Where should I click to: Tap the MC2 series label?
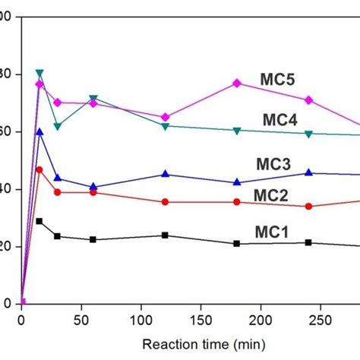270,195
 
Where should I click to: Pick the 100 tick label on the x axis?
141,319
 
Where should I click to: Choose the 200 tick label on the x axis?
261,319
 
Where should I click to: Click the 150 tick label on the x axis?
201,319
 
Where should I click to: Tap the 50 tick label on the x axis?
81,319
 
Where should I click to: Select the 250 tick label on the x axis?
321,319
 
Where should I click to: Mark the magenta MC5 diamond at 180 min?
237,83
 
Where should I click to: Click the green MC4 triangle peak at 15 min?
39,74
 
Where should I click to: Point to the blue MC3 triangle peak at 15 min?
39,132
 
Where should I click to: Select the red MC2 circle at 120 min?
165,202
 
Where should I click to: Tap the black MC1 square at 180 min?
237,243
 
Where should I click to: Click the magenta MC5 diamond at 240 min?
308,100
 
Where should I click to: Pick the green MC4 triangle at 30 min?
58,126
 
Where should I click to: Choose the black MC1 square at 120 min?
165,235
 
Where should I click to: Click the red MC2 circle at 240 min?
308,206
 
